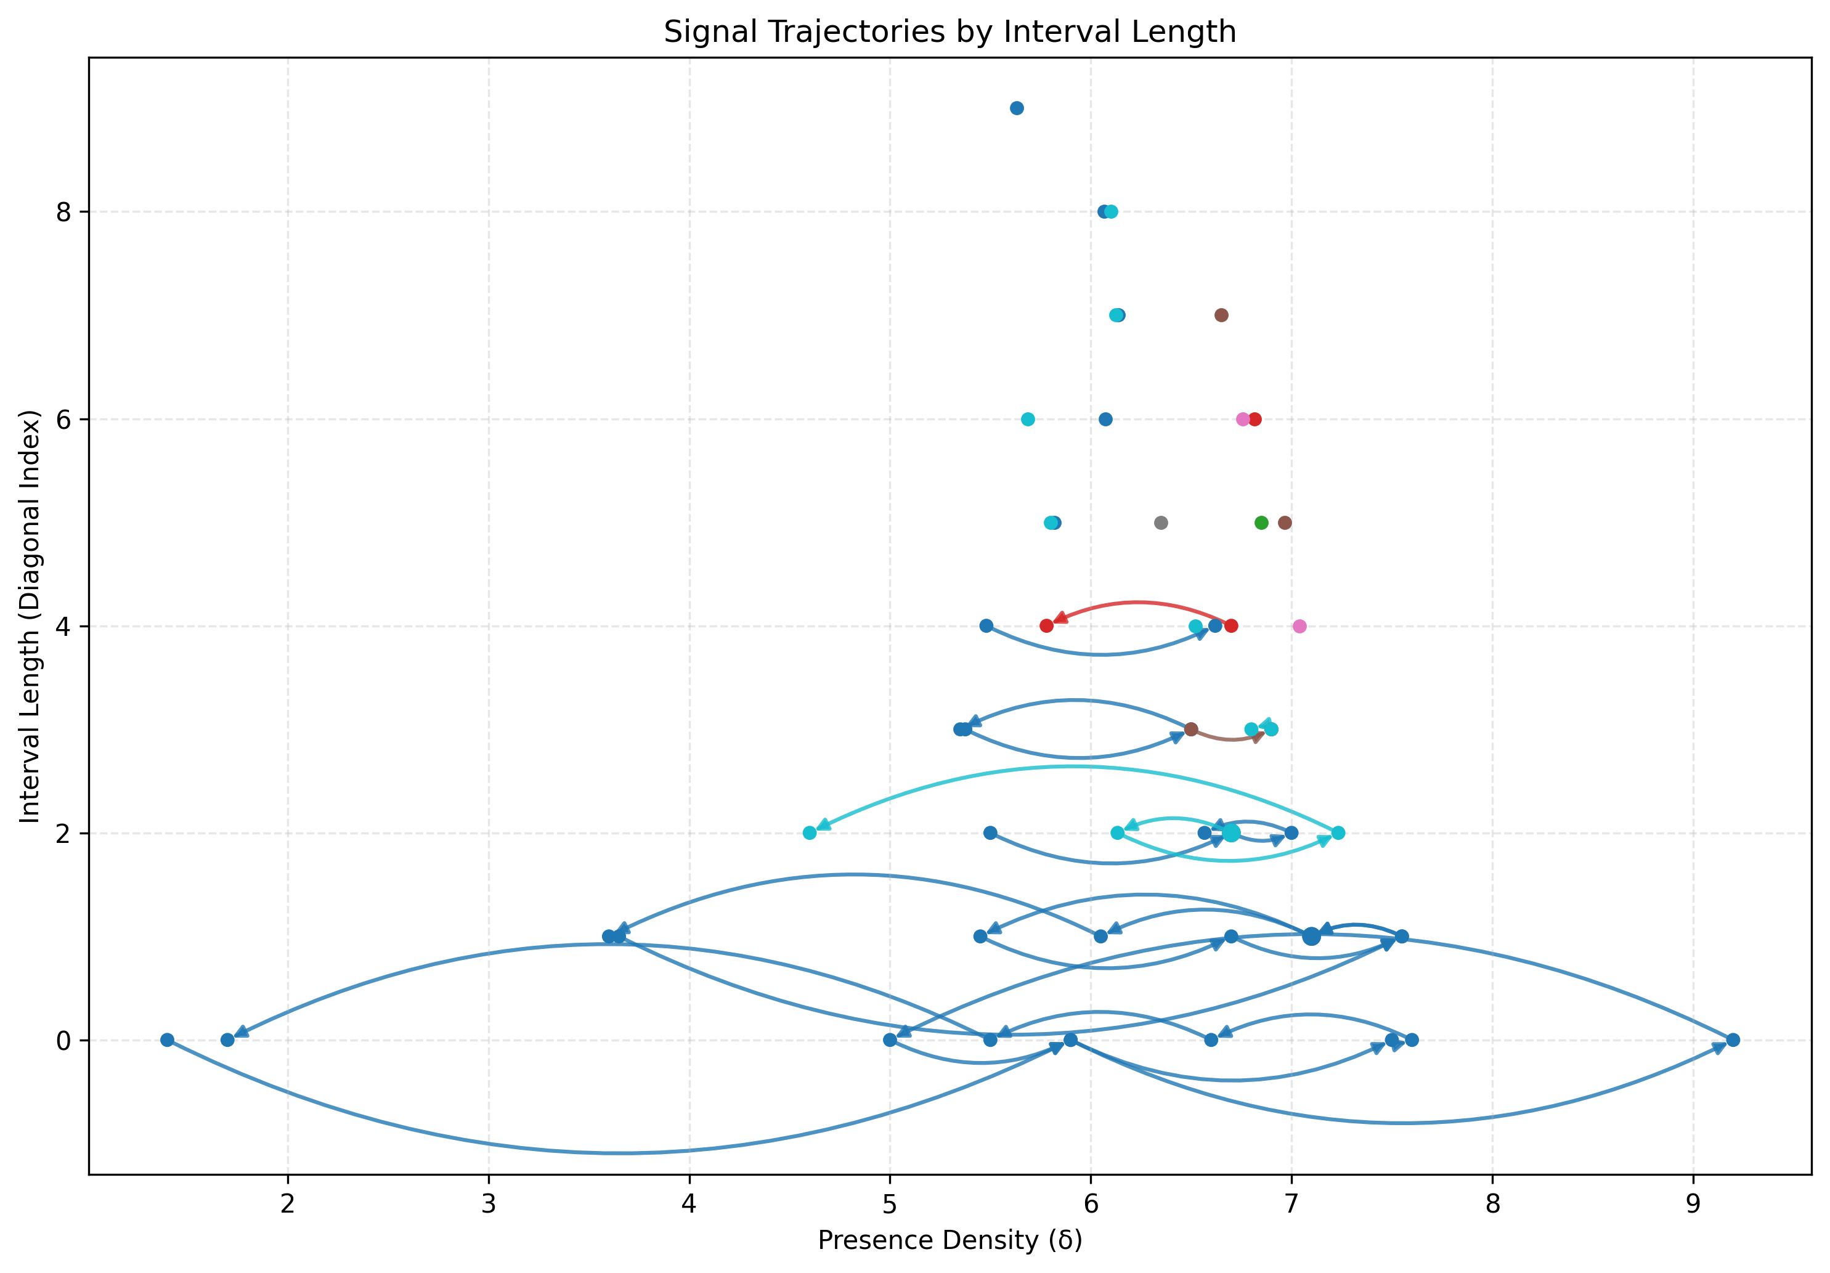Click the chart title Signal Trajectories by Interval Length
950,32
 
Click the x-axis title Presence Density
950,1240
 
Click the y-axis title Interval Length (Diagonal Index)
30,616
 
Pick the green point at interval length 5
1261,523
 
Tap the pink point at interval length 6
1243,419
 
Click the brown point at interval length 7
1221,315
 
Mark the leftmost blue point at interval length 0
168,1039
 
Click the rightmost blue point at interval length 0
1733,1039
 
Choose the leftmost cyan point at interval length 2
810,833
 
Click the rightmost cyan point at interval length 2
1338,833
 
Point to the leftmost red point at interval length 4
1046,626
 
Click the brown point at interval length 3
1191,730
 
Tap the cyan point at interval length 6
1028,419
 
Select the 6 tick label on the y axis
63,419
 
